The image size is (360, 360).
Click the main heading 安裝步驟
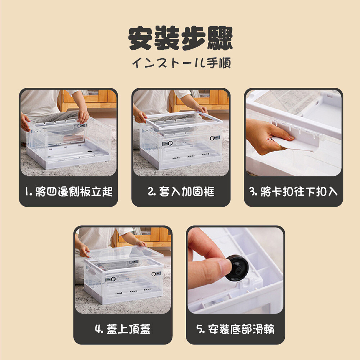click(x=180, y=38)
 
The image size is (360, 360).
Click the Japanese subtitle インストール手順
click(x=181, y=63)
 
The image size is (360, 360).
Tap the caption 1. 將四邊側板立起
click(x=69, y=192)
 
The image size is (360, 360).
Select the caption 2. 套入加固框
click(x=181, y=192)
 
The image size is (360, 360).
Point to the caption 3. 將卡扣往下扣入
click(x=293, y=192)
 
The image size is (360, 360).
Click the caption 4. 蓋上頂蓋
click(x=123, y=329)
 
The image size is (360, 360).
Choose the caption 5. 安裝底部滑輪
click(x=235, y=329)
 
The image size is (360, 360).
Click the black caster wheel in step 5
click(x=237, y=268)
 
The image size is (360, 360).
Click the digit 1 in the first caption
click(x=27, y=192)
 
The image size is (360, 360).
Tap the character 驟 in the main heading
click(x=220, y=38)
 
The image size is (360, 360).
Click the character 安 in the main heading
click(x=140, y=38)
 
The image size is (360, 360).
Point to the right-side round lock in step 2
click(x=212, y=138)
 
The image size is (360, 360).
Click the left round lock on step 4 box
click(x=113, y=279)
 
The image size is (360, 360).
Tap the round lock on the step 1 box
click(x=79, y=126)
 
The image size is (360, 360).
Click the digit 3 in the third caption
click(x=252, y=192)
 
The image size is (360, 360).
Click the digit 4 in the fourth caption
click(x=98, y=329)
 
